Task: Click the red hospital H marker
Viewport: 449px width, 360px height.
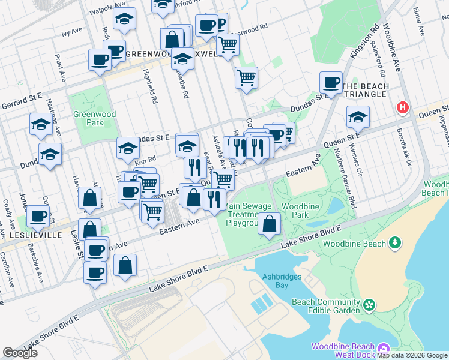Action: pyautogui.click(x=402, y=108)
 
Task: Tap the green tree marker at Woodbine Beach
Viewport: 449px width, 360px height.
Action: pyautogui.click(x=395, y=243)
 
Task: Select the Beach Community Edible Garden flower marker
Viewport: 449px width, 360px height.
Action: pyautogui.click(x=369, y=305)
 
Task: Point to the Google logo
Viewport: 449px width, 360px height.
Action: pyautogui.click(x=20, y=353)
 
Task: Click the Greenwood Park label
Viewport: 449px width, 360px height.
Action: pyautogui.click(x=88, y=119)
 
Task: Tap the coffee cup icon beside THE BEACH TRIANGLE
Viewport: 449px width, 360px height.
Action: pyautogui.click(x=331, y=82)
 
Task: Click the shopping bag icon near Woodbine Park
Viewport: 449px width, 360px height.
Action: pyautogui.click(x=271, y=224)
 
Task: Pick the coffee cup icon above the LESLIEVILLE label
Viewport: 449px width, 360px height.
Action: pyautogui.click(x=38, y=216)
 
